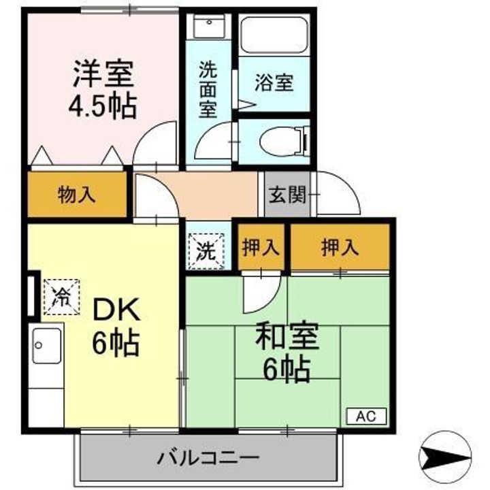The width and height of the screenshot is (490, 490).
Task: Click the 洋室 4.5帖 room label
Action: pyautogui.click(x=103, y=89)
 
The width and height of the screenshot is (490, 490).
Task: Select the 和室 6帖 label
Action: pyautogui.click(x=287, y=352)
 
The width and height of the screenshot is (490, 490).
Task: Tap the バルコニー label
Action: pyautogui.click(x=208, y=457)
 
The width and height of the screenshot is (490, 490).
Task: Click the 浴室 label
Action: pyautogui.click(x=274, y=83)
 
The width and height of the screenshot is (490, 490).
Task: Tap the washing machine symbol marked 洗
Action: pyautogui.click(x=205, y=250)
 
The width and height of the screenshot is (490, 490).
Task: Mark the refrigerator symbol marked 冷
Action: pyautogui.click(x=61, y=297)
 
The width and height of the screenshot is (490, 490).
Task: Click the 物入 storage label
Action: pyautogui.click(x=76, y=195)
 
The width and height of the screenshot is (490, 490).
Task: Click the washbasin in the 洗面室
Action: pyautogui.click(x=207, y=27)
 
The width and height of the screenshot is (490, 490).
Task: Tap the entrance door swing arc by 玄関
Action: pyautogui.click(x=338, y=193)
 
